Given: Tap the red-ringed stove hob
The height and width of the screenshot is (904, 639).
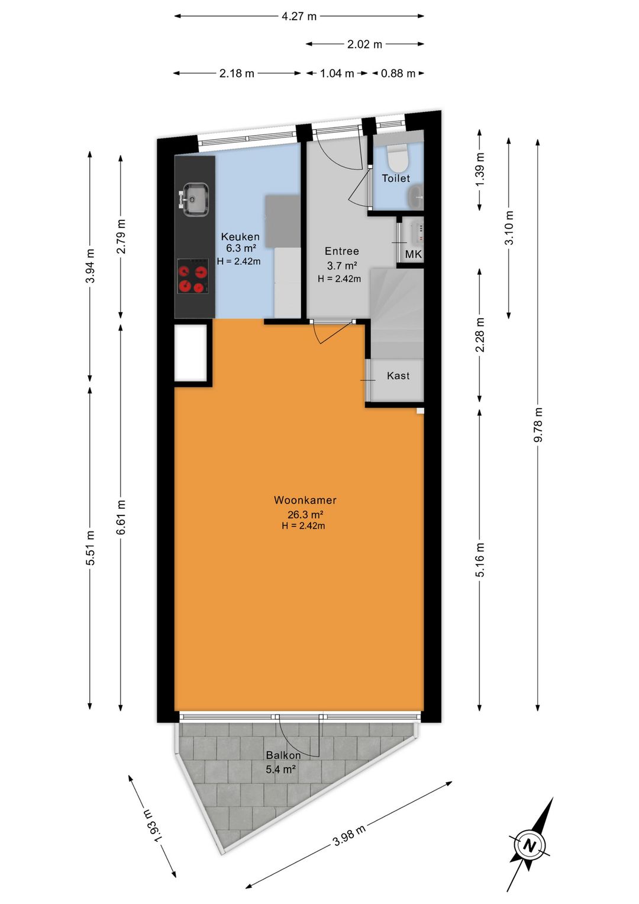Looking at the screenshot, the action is point(193,277).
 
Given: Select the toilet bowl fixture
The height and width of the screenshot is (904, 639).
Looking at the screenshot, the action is point(398,158).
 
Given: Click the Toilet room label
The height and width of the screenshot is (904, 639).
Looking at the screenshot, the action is point(396,178).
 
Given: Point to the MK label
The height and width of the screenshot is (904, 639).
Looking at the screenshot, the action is point(413,254).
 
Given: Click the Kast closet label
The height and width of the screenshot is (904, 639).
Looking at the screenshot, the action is point(398,376).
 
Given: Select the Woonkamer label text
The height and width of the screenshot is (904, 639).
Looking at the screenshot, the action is point(305,500).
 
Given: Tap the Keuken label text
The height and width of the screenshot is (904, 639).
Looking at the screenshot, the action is point(240,236).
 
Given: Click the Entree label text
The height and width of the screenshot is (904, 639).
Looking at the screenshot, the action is point(342,251).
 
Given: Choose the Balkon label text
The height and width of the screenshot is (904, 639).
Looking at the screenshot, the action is point(283,755).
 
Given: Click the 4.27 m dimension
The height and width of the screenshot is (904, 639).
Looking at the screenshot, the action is point(299,16).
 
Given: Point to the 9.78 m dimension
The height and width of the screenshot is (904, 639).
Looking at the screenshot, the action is point(537,425).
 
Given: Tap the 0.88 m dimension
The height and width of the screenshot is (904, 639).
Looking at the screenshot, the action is point(398,73).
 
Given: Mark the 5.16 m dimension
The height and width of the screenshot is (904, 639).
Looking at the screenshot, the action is point(480,559).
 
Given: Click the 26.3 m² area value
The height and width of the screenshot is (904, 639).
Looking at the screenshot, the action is point(306,515).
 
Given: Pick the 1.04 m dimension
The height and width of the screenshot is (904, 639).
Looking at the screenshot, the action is point(337,73).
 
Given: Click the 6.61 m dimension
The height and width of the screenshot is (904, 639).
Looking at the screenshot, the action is point(121,517).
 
